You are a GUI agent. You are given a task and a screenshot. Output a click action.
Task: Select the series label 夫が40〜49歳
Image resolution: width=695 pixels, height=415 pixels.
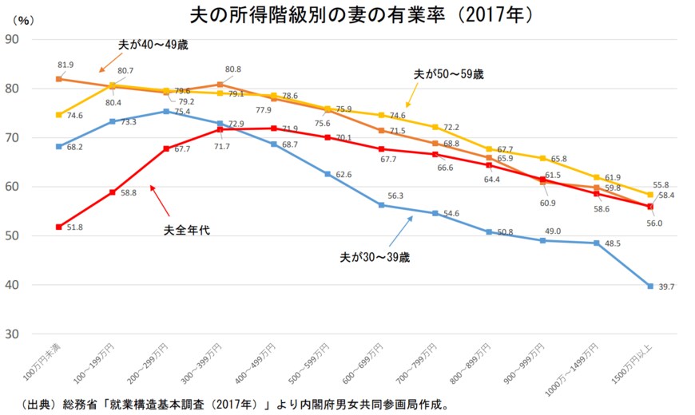(151, 45)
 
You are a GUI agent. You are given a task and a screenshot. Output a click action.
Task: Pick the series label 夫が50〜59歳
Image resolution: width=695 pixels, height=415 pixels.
(448, 73)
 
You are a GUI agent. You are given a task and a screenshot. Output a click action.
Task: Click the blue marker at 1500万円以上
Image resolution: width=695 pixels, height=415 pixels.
(650, 286)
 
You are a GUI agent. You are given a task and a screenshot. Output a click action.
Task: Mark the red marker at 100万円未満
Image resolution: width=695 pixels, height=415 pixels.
(59, 227)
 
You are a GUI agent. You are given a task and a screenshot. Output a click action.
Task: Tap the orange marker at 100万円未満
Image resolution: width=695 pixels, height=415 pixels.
(59, 79)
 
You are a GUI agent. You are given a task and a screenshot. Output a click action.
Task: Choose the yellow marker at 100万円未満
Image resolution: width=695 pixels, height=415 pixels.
(59, 115)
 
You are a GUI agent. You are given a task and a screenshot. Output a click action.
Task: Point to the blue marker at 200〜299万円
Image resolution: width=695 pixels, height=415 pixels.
(166, 111)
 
